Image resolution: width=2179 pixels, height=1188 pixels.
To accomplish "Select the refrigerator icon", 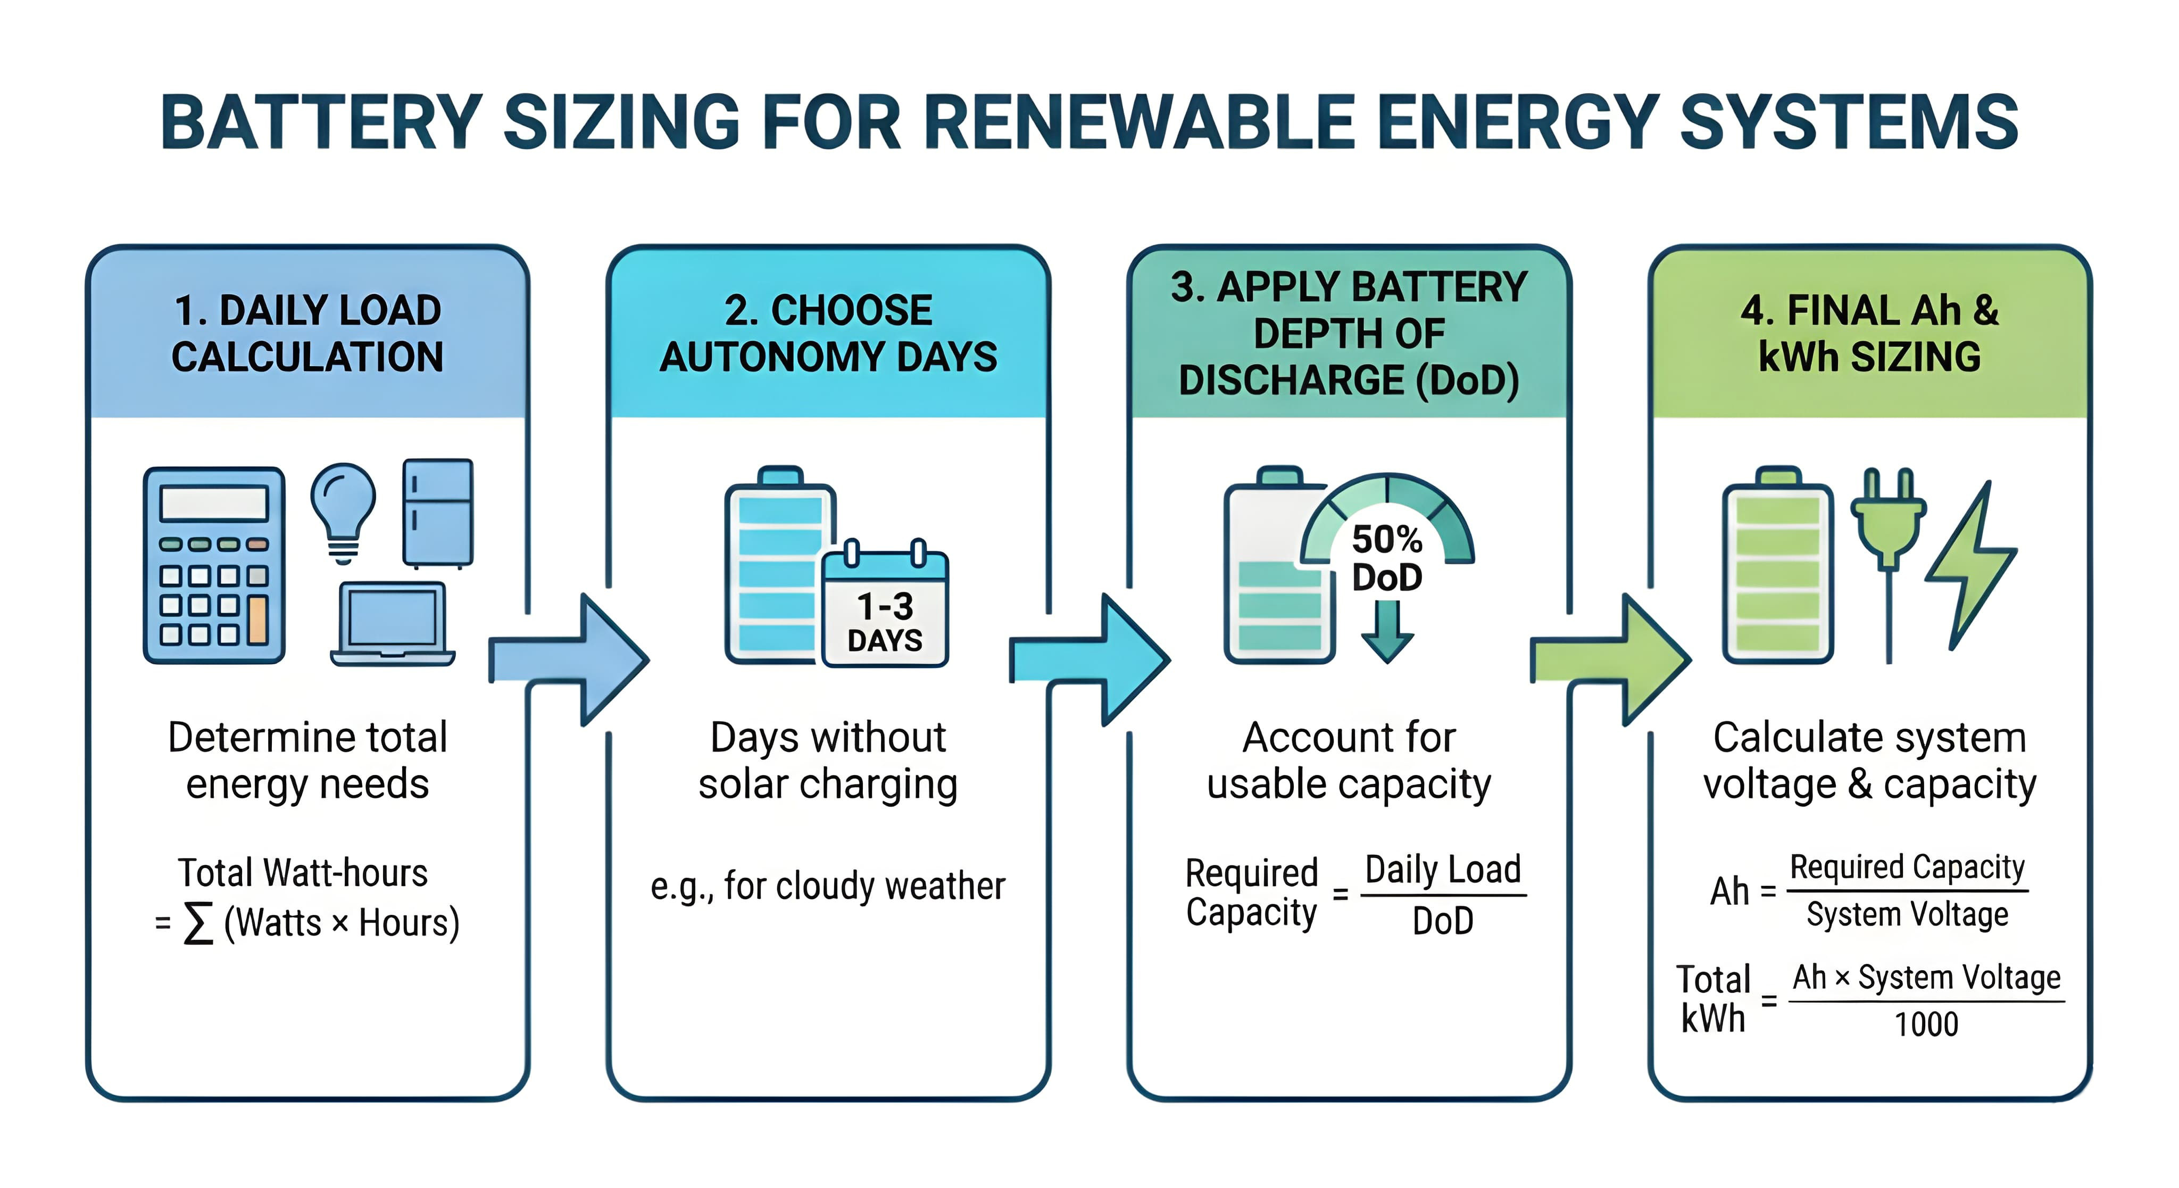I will [437, 513].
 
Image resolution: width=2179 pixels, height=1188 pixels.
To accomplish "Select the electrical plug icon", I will [1888, 541].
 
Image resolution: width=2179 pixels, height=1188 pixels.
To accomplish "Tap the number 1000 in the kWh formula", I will [1926, 1025].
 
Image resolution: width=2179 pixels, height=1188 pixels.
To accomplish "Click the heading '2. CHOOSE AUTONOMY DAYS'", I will [828, 333].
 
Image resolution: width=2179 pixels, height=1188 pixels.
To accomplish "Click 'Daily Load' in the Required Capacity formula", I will [1443, 870].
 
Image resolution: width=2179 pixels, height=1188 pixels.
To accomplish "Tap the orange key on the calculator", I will [257, 620].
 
